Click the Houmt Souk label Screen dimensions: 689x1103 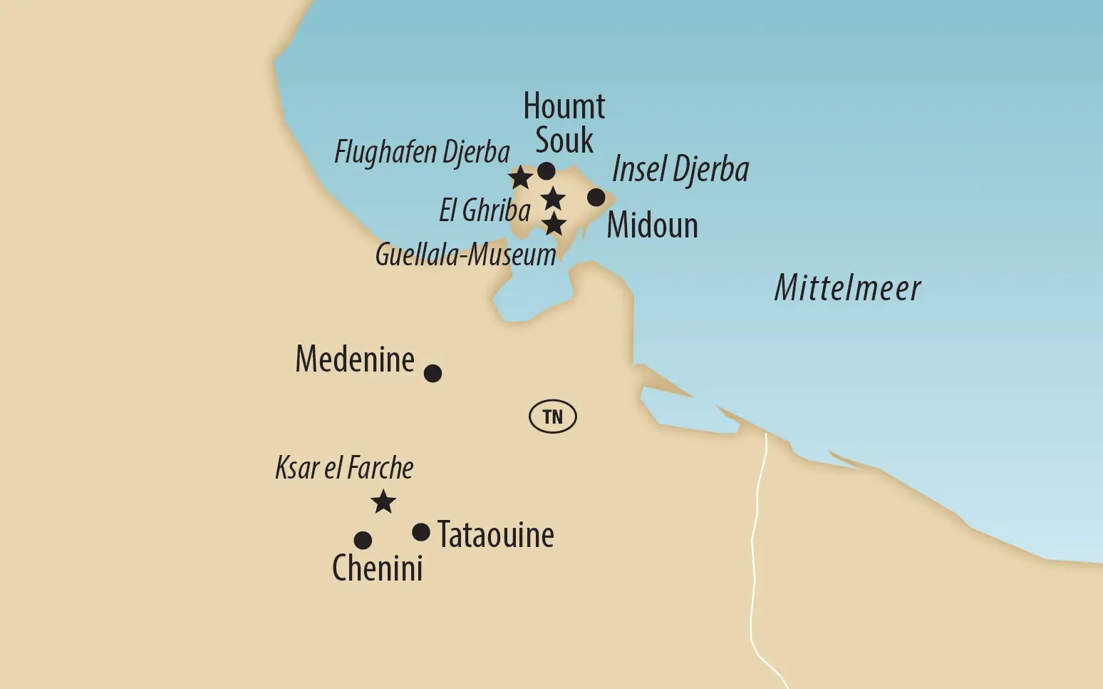[x=564, y=123]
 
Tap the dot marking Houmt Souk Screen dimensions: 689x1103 [x=547, y=171]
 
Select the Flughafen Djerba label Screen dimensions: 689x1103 [x=422, y=153]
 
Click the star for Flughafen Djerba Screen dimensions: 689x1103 [x=520, y=177]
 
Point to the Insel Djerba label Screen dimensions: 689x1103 [x=680, y=170]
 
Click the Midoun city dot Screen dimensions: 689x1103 [x=596, y=198]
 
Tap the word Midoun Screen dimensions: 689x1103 [x=652, y=225]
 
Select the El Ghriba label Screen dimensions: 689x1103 [x=485, y=210]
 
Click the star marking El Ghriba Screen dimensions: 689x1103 [x=553, y=199]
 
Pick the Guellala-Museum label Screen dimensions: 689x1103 [x=465, y=255]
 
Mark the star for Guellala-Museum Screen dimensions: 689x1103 [x=554, y=225]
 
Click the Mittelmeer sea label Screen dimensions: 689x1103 [x=847, y=288]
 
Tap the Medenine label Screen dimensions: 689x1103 [x=355, y=359]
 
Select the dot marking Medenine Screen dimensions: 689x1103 [x=433, y=373]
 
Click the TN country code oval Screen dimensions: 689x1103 [x=553, y=417]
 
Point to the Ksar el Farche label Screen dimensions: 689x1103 [x=344, y=468]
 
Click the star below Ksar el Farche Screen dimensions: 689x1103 [x=383, y=502]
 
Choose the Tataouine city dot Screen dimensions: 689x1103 [x=421, y=532]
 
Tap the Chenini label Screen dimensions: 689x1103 [x=377, y=568]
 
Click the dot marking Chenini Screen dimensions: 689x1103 [x=363, y=540]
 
